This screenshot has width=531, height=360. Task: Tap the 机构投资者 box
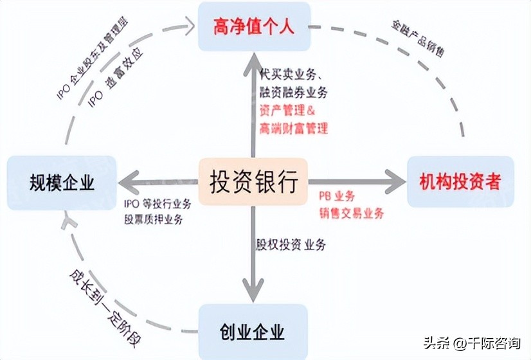(460, 182)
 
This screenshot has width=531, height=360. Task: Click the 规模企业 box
(62, 183)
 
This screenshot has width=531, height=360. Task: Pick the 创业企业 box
(253, 332)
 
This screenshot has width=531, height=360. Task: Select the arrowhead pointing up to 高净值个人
(253, 63)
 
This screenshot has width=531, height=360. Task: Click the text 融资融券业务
(293, 94)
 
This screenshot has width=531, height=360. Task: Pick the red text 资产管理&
(287, 111)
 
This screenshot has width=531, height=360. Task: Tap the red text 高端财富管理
(293, 128)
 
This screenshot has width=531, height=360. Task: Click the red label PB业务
(336, 196)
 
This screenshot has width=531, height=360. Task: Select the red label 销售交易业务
(350, 213)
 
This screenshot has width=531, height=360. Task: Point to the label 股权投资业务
(291, 244)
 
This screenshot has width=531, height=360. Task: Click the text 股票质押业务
(154, 220)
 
